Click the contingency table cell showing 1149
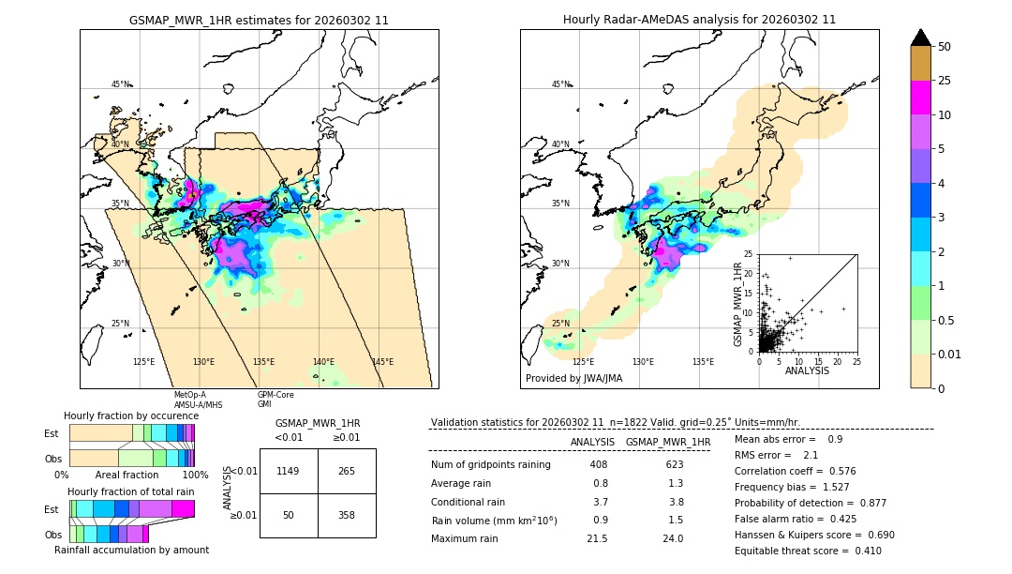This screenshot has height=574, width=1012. pyautogui.click(x=289, y=471)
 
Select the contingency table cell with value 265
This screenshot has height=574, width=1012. pyautogui.click(x=347, y=471)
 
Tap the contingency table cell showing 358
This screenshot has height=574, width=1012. pyautogui.click(x=347, y=516)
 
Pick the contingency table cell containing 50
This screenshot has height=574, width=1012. pyautogui.click(x=289, y=516)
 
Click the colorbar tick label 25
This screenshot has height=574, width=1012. pyautogui.click(x=945, y=81)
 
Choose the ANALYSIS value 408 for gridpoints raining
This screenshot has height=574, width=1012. pyautogui.click(x=599, y=464)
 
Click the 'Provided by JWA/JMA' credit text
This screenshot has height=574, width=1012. pyautogui.click(x=573, y=378)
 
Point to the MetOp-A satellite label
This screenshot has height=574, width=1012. pyautogui.click(x=190, y=395)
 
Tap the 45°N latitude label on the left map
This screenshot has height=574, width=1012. pyautogui.click(x=121, y=84)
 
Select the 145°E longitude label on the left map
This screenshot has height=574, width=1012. pyautogui.click(x=382, y=362)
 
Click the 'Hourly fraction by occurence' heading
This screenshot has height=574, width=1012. pyautogui.click(x=131, y=415)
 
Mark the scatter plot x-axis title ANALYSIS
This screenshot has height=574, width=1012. pyautogui.click(x=807, y=370)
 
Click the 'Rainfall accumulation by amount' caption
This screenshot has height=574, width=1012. pyautogui.click(x=131, y=550)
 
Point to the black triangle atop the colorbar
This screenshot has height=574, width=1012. pyautogui.click(x=921, y=38)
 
